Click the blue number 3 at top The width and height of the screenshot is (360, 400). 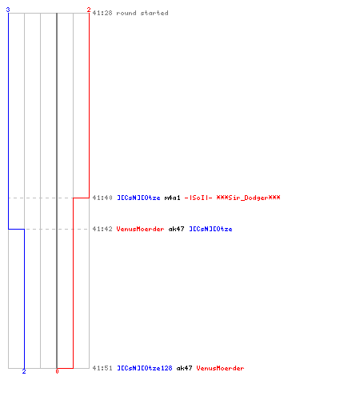click(8, 10)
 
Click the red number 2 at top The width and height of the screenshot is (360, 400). click(89, 10)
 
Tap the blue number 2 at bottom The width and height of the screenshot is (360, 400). click(24, 371)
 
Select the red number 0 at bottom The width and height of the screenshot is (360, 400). click(57, 371)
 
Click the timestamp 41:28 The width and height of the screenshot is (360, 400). click(102, 13)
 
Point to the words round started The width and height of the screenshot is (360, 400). click(142, 13)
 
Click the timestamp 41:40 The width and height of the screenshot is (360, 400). click(102, 198)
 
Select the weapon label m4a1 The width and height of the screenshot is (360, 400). click(172, 198)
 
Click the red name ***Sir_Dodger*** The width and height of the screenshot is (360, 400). click(248, 198)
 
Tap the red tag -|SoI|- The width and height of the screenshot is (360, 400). click(198, 198)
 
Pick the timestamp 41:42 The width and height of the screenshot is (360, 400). click(102, 229)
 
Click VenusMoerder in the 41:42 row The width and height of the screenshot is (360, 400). click(140, 229)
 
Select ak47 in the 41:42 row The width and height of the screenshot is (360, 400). click(176, 229)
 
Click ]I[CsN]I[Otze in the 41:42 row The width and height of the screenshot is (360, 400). click(210, 229)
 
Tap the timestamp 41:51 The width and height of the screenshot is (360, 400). click(102, 368)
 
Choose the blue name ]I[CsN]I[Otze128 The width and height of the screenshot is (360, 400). click(145, 368)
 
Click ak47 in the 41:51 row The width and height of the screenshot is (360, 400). click(184, 368)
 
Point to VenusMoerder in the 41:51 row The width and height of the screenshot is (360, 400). click(220, 368)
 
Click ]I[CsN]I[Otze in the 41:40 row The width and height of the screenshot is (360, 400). click(138, 198)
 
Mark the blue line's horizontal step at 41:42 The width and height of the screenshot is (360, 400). click(16, 229)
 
